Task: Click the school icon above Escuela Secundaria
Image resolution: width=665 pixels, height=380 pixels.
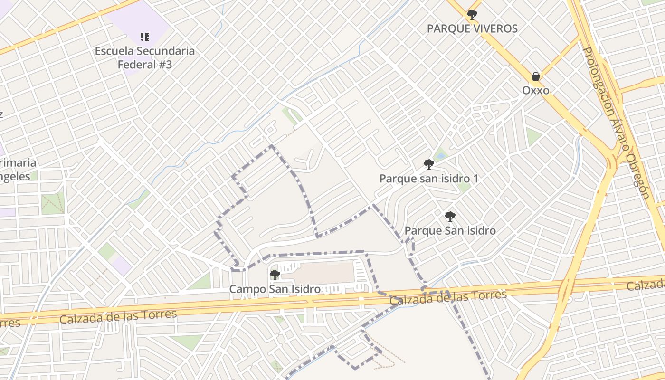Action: (145, 37)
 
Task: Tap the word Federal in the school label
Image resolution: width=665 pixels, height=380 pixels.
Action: (137, 64)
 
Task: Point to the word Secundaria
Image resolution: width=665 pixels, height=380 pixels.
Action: (167, 51)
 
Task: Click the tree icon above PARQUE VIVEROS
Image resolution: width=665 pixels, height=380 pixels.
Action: (472, 15)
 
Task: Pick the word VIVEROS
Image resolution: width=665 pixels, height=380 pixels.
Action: (494, 28)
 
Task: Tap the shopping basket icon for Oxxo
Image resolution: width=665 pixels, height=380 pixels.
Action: (536, 76)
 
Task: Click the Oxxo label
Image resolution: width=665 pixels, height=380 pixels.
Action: (536, 90)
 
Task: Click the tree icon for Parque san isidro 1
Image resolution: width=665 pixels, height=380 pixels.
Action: (428, 164)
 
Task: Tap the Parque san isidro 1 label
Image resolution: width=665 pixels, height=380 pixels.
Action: (428, 179)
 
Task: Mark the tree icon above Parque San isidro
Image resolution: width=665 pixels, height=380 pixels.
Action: (450, 217)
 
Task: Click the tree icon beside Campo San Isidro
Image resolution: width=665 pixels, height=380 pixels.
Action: (275, 275)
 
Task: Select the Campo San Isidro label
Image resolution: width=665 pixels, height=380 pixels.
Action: (275, 289)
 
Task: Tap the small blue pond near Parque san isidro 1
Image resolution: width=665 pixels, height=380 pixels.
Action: (441, 155)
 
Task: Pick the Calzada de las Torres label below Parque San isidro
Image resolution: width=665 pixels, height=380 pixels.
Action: (448, 298)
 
